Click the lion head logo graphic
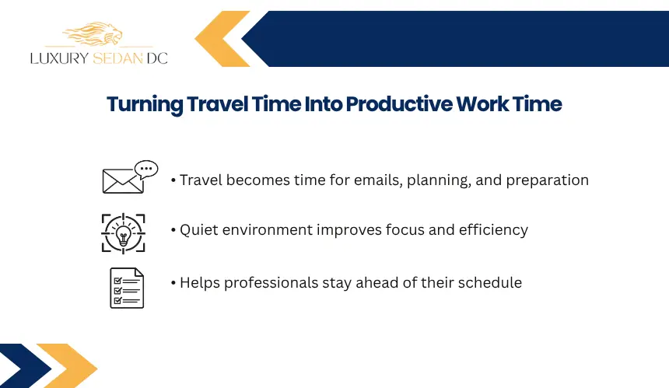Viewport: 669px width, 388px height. (93, 33)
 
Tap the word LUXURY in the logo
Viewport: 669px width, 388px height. (59, 58)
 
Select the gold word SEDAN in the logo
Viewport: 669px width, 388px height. (117, 58)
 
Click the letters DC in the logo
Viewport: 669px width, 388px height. (157, 58)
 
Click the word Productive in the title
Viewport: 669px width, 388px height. (399, 104)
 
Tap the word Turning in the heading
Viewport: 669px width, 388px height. (145, 105)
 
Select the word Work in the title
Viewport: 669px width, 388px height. (482, 104)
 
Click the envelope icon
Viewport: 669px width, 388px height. (122, 181)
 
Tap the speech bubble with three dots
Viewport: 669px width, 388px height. (146, 169)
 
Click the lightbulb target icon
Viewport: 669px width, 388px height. (124, 233)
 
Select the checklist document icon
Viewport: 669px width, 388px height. (127, 288)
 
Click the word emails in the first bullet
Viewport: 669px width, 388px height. (378, 180)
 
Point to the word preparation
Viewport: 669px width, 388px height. (548, 181)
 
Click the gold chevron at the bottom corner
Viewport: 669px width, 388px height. (68, 365)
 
